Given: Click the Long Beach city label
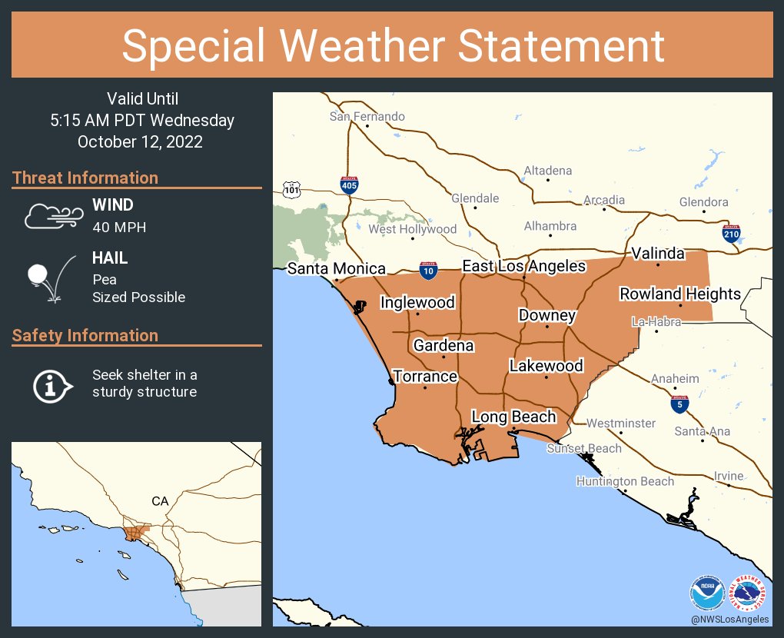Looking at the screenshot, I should click(x=513, y=417).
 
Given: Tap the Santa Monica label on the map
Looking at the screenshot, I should click(x=337, y=268).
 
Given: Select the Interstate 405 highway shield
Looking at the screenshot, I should click(x=348, y=184).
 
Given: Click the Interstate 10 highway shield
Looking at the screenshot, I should click(x=429, y=270).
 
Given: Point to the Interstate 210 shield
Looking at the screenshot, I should click(x=731, y=233).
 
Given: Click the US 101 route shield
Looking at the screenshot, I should click(x=291, y=188).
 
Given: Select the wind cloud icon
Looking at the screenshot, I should click(x=52, y=216).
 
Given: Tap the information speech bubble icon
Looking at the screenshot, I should click(x=51, y=384).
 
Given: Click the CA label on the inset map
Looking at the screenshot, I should click(x=160, y=501).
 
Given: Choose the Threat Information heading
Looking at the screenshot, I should click(x=85, y=178).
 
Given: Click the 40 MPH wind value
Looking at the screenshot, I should click(x=119, y=227).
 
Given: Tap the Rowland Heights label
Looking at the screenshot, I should click(x=680, y=294).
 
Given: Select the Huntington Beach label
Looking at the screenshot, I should click(x=625, y=481).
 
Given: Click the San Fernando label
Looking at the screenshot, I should click(x=367, y=117).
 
